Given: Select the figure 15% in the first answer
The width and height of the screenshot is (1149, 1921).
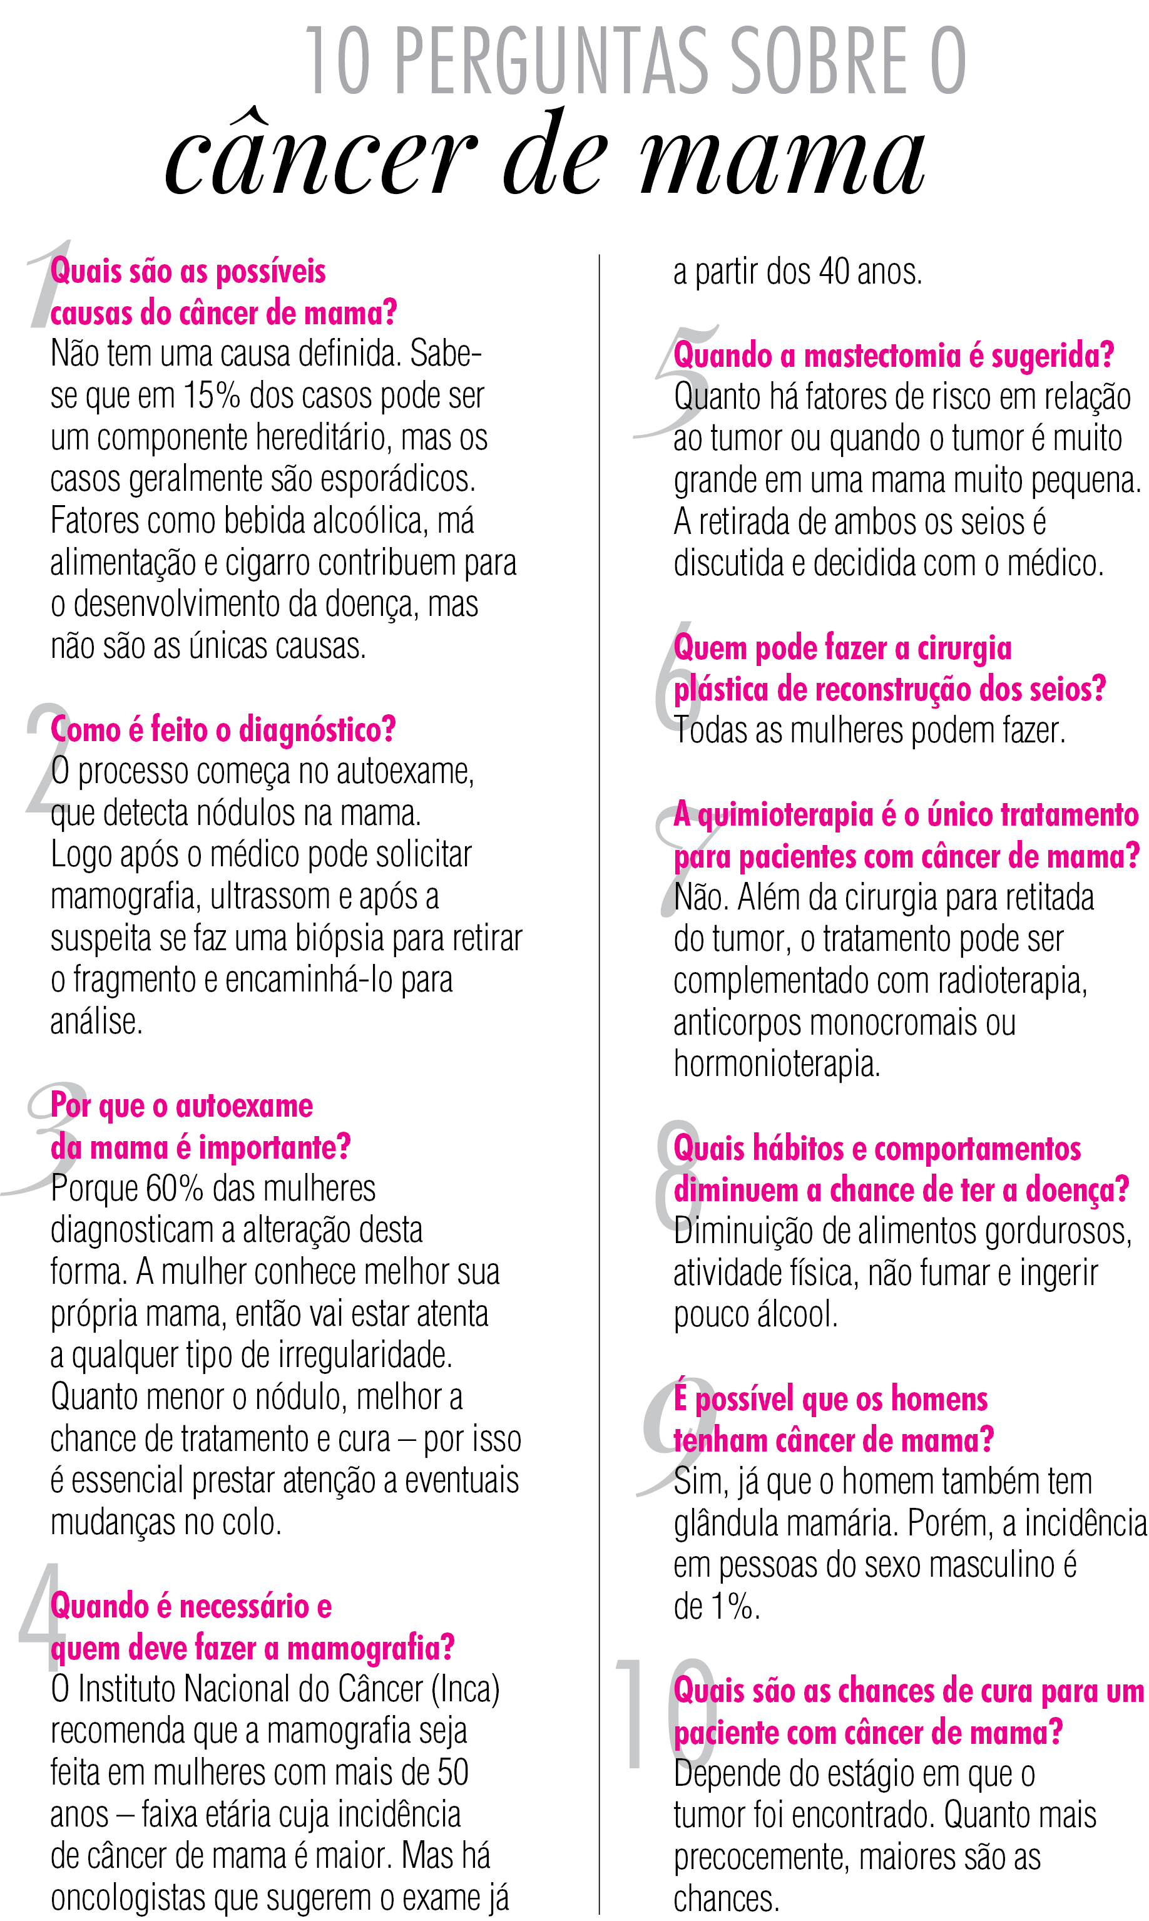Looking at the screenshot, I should pos(212,396).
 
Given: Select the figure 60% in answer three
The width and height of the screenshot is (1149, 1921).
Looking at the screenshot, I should pos(173,1189).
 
